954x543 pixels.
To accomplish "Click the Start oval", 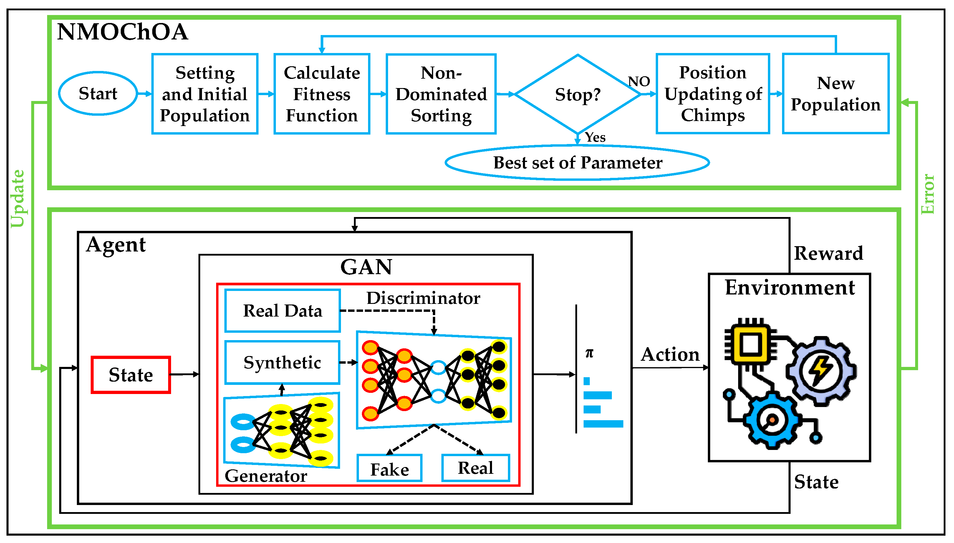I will pos(98,93).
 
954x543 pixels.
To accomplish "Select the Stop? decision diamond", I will pos(577,94).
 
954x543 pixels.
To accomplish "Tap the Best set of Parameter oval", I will pos(577,163).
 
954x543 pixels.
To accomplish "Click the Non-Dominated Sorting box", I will pos(441,94).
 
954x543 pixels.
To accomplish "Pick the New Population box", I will pos(835,94).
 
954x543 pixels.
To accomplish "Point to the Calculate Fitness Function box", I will pos(322,94).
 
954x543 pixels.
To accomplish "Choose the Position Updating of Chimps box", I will pos(713,94).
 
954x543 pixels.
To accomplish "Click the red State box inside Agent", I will pos(131,375).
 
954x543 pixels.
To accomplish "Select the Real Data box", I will pos(283,311).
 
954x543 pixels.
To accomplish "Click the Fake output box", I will pos(390,469).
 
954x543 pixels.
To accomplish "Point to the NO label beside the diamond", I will pos(639,81).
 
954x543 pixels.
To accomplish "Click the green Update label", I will pos(18,198).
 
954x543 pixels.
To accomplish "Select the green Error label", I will pos(927,194).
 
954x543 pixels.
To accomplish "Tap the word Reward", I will pos(828,253).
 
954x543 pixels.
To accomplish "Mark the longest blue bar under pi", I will pos(603,424).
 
